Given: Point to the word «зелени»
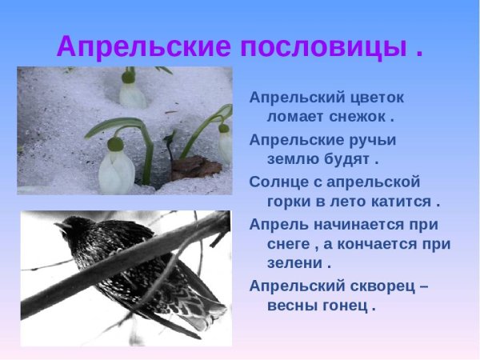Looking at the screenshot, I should click(293, 263).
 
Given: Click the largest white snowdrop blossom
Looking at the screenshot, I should click(116, 170).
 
